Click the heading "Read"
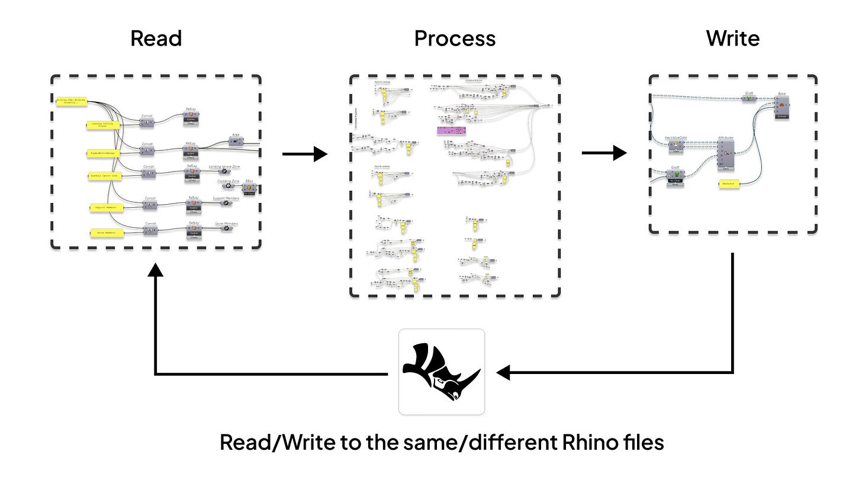tap(156, 39)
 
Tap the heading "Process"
tap(455, 39)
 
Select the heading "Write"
tap(732, 39)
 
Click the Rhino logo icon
tap(442, 372)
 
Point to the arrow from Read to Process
tap(304, 154)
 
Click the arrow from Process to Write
tap(604, 153)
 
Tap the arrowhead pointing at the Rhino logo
tap(504, 373)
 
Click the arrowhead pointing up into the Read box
tap(155, 270)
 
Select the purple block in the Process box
tap(451, 130)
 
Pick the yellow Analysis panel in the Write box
tap(728, 184)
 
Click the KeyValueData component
tap(676, 144)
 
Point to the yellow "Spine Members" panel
tap(107, 233)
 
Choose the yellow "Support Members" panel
tap(107, 208)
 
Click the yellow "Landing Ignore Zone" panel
tap(105, 175)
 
